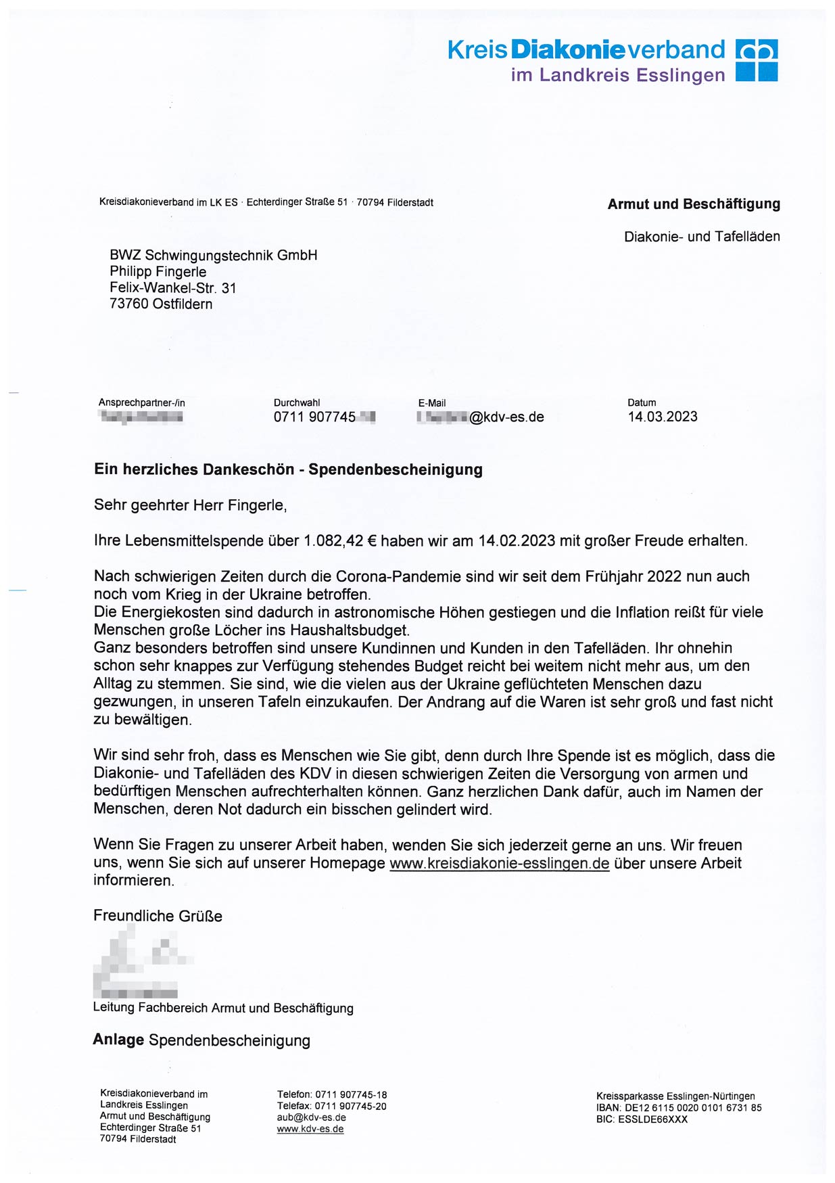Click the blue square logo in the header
pyautogui.click(x=757, y=60)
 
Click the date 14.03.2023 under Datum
pyautogui.click(x=662, y=417)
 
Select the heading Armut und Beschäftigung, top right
pyautogui.click(x=693, y=204)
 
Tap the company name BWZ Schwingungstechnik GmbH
pyautogui.click(x=213, y=256)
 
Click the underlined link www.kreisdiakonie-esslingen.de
pyautogui.click(x=499, y=864)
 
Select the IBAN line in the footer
pyautogui.click(x=678, y=1108)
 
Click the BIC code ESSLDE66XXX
pyautogui.click(x=652, y=1119)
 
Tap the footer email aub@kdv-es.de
pyautogui.click(x=311, y=1117)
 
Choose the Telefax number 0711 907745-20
pyautogui.click(x=350, y=1106)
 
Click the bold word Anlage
pyautogui.click(x=118, y=1040)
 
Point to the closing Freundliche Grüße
pyautogui.click(x=158, y=917)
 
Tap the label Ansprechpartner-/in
pyautogui.click(x=141, y=402)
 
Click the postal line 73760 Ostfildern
pyautogui.click(x=161, y=304)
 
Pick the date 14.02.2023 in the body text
pyautogui.click(x=517, y=541)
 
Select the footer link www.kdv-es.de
pyautogui.click(x=310, y=1129)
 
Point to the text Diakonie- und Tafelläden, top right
pyautogui.click(x=701, y=237)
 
